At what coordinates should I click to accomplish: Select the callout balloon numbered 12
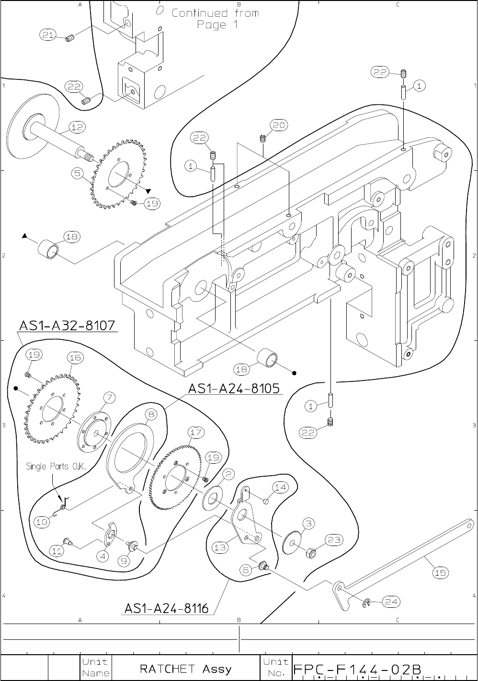pyautogui.click(x=77, y=127)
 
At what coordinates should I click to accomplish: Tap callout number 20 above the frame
pyautogui.click(x=278, y=125)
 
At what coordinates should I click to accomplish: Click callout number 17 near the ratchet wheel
pyautogui.click(x=196, y=433)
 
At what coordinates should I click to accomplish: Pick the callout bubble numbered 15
pyautogui.click(x=441, y=572)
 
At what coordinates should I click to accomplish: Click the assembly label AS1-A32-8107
pyautogui.click(x=67, y=325)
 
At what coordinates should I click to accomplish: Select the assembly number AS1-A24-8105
pyautogui.click(x=234, y=388)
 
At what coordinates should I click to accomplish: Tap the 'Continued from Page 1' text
pyautogui.click(x=216, y=19)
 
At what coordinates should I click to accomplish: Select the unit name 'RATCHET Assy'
pyautogui.click(x=185, y=668)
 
